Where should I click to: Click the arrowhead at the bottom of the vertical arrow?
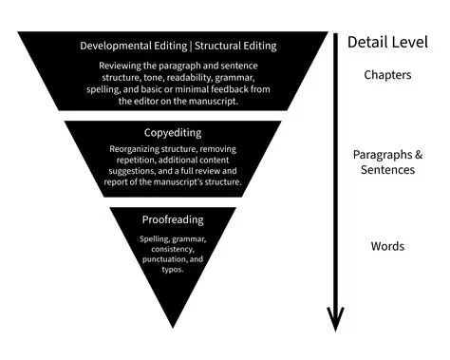pos(334,320)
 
